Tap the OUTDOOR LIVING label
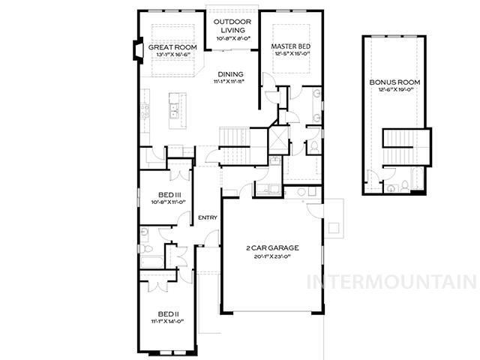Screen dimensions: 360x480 (232, 26)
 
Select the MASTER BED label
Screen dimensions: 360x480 (290, 47)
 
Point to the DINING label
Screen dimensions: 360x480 (231, 73)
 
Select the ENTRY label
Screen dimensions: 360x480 (208, 217)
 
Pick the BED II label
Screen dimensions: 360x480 (166, 313)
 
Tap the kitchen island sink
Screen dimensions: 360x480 (174, 113)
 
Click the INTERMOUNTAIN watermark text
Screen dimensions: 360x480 (391, 282)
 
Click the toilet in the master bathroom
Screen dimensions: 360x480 (314, 145)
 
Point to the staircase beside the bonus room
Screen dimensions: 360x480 (407, 145)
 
